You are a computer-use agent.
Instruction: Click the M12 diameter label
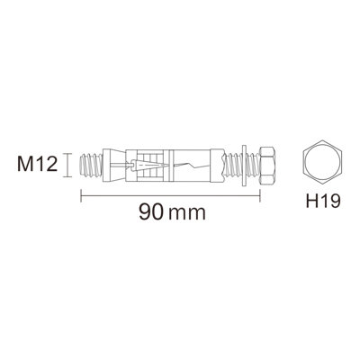coord(38,165)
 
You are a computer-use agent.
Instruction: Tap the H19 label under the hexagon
coord(323,201)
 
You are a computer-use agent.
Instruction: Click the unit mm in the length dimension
coord(187,214)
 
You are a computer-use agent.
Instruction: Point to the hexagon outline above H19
coord(323,140)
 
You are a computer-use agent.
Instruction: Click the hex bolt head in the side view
coord(266,165)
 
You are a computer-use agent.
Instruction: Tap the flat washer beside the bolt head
coord(244,165)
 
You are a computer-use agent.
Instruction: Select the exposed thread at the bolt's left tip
coord(92,165)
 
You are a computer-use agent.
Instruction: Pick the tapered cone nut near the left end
coord(113,165)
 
